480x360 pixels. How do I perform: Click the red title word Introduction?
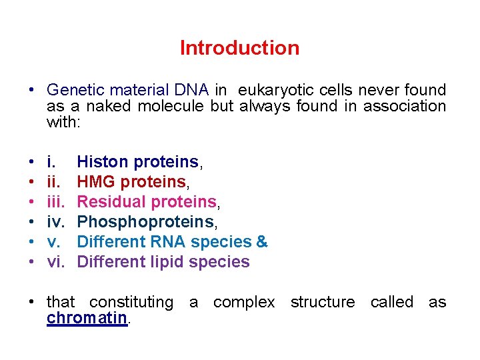pyautogui.click(x=239, y=48)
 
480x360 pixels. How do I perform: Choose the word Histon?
pyautogui.click(x=103, y=161)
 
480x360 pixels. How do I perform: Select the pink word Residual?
pyautogui.click(x=108, y=201)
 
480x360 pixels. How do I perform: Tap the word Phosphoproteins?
pyautogui.click(x=146, y=221)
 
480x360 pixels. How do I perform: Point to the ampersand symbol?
pyautogui.click(x=262, y=241)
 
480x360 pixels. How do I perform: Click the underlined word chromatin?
pyautogui.click(x=87, y=318)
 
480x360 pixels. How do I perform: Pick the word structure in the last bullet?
pyautogui.click(x=323, y=302)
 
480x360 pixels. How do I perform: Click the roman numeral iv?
pyautogui.click(x=55, y=221)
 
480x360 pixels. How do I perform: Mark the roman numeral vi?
pyautogui.click(x=55, y=261)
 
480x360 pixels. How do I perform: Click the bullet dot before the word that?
pyautogui.click(x=32, y=303)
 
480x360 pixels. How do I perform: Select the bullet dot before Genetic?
pyautogui.click(x=32, y=91)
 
